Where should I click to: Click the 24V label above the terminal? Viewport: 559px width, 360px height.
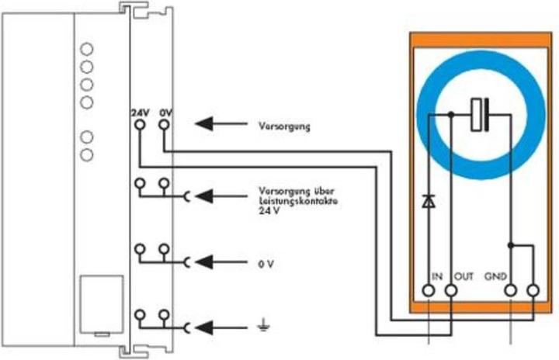[x=139, y=112]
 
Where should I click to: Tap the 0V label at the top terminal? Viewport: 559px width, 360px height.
[x=165, y=112]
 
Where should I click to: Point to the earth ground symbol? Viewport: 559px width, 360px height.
[x=265, y=326]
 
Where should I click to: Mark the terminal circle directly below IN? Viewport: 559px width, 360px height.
[x=429, y=290]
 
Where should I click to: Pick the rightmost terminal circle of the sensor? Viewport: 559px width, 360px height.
[x=533, y=290]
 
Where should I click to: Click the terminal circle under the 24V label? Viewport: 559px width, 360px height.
[x=139, y=123]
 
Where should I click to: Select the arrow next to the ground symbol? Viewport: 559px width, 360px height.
[x=213, y=326]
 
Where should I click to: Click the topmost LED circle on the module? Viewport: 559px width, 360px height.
[x=86, y=49]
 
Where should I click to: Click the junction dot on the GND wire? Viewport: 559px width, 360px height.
[x=510, y=245]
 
